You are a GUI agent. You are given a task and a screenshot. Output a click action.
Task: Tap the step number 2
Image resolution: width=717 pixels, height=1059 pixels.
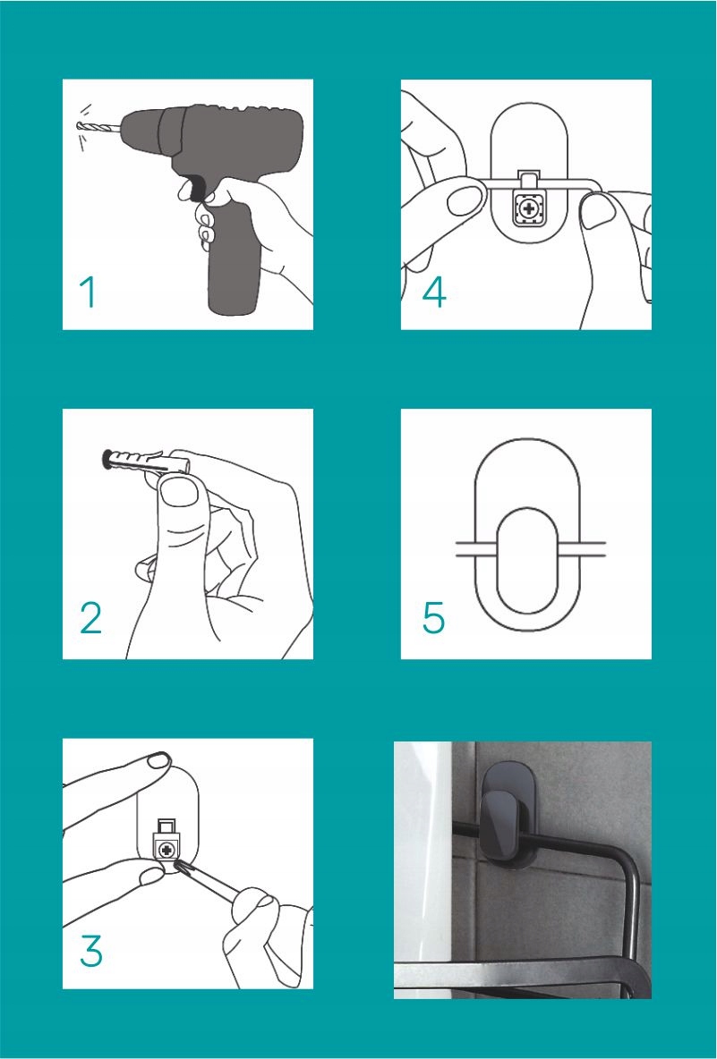point(90,618)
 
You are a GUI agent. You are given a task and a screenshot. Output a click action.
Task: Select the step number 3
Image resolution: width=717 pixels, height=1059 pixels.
point(91,950)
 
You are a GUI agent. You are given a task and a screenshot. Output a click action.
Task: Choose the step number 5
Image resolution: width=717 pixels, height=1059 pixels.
point(434,618)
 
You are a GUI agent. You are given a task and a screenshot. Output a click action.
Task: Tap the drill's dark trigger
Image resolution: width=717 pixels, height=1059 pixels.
point(195,189)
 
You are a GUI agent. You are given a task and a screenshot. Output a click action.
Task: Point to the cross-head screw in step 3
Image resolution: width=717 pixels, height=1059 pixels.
point(166,847)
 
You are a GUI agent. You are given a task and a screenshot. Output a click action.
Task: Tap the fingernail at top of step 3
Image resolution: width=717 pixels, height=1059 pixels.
point(159,761)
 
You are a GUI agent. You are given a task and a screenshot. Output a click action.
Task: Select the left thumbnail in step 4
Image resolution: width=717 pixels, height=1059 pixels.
point(465,200)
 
